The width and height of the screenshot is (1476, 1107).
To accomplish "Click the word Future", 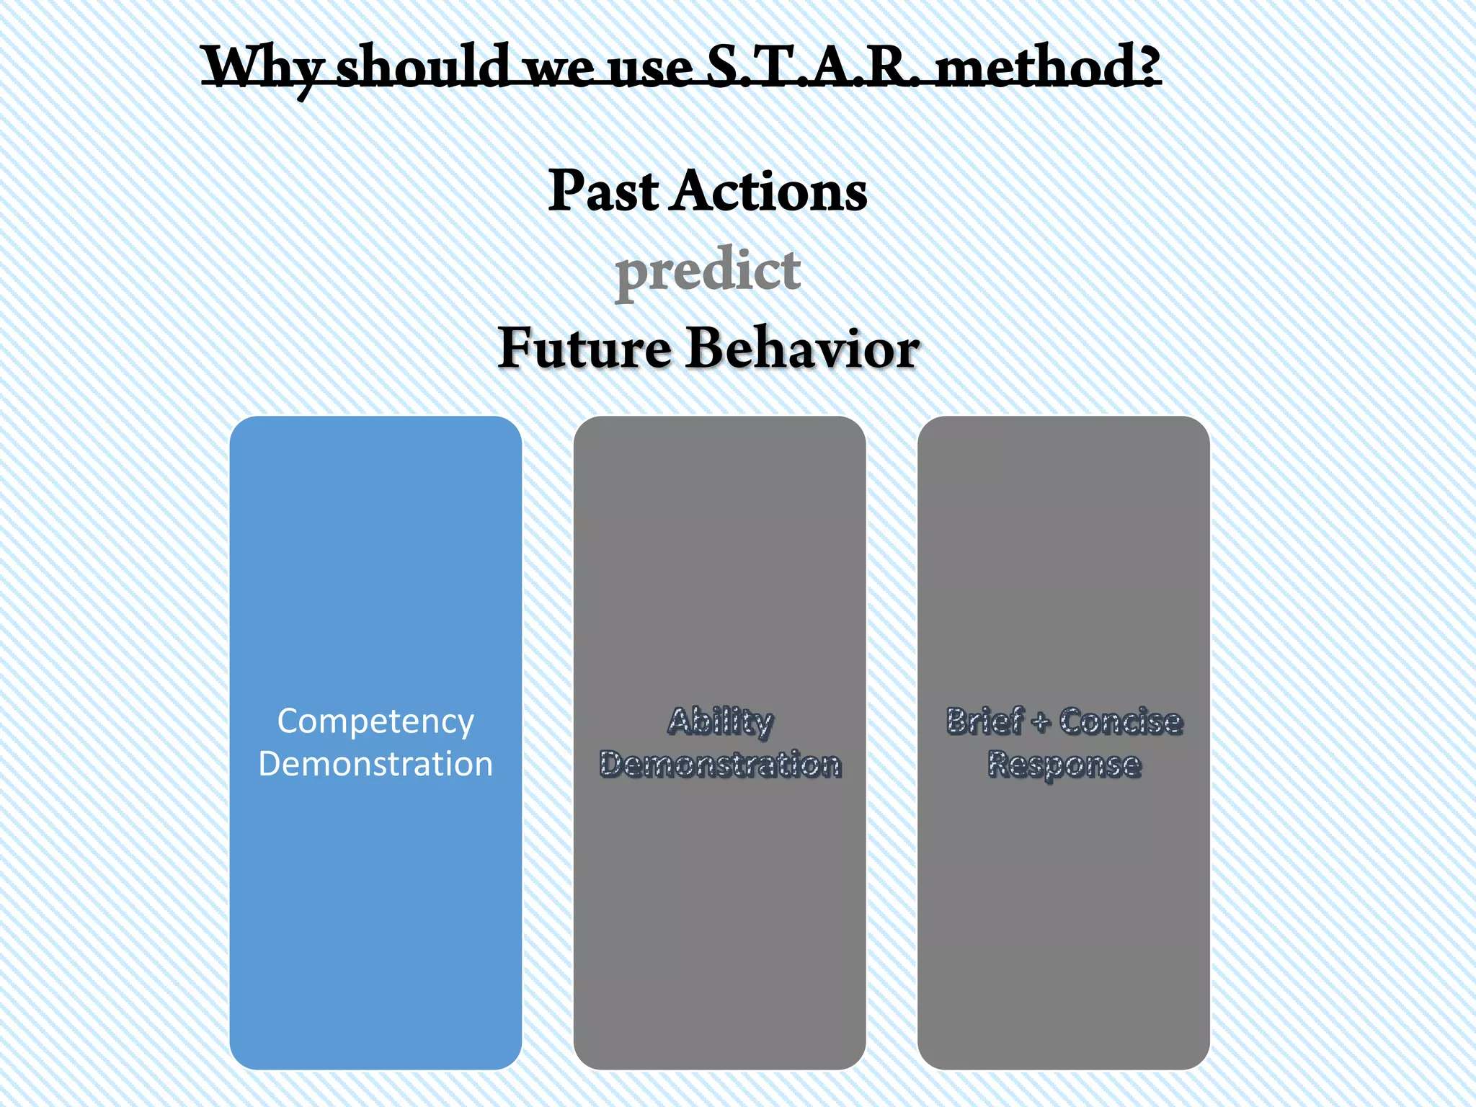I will point(584,348).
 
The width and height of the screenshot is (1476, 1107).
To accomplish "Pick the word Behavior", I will point(801,348).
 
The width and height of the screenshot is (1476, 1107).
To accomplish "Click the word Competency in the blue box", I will point(375,721).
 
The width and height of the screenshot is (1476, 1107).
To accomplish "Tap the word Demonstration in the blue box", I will point(375,764).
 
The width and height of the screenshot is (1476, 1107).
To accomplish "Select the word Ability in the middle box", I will point(719,721).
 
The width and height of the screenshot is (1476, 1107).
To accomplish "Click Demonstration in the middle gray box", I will point(719,764).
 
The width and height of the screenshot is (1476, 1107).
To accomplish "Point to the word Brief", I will point(984,721).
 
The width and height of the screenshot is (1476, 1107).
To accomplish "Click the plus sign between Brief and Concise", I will point(1040,722).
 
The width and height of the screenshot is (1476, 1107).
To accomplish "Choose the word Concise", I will point(1120,721).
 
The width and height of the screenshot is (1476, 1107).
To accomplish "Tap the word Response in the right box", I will point(1064,764).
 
